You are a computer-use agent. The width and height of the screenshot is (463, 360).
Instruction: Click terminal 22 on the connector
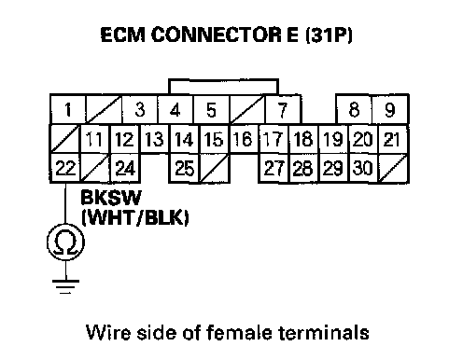65,168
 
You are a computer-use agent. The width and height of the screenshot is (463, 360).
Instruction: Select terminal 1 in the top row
68,109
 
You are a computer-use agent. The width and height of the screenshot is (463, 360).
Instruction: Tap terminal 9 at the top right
390,109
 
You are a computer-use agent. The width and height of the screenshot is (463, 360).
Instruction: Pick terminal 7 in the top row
283,109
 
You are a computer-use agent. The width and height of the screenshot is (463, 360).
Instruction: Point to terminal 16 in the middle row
244,139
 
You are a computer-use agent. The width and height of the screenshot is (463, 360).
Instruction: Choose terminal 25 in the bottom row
185,168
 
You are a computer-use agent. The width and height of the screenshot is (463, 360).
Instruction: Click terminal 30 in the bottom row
363,168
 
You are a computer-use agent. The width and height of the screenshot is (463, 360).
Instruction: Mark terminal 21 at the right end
392,139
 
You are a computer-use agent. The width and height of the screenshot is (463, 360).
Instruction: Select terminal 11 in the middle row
95,139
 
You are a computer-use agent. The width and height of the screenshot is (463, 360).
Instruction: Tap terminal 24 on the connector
125,168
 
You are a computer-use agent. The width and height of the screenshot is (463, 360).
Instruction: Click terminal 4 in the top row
175,109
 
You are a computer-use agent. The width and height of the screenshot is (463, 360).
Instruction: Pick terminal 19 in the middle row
333,139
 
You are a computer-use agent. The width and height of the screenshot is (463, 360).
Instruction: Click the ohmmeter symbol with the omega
65,242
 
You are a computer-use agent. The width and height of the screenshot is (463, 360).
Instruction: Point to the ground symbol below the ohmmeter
65,286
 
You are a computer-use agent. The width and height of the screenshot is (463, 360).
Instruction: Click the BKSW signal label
111,197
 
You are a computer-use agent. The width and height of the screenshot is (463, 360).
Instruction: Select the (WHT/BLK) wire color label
135,217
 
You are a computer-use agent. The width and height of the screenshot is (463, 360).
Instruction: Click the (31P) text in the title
330,35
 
